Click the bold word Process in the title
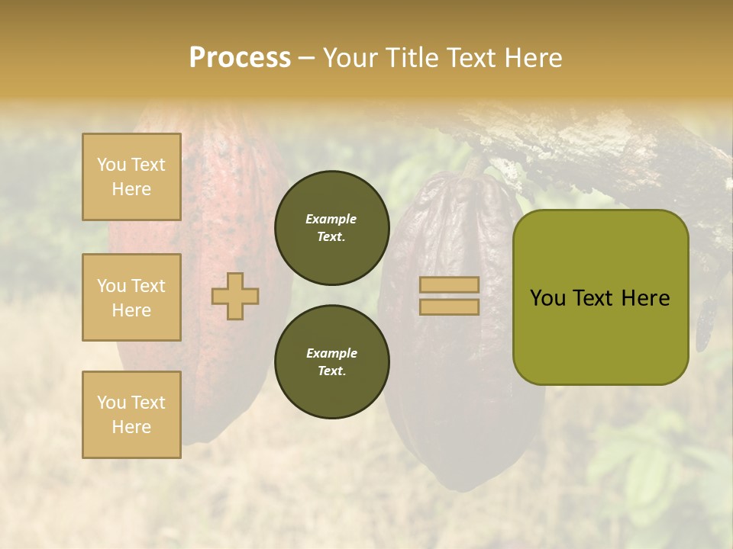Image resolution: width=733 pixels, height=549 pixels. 240,57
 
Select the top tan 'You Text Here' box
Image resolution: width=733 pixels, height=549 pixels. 131,177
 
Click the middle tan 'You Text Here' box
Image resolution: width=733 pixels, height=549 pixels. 131,297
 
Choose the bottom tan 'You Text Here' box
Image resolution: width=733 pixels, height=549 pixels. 131,414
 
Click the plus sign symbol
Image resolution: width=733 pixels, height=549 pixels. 235,296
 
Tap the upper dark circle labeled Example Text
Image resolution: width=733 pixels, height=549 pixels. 331,227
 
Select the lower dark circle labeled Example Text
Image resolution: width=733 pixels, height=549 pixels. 331,361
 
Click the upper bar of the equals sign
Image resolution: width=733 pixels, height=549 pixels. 449,284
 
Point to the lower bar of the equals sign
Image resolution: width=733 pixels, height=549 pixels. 449,307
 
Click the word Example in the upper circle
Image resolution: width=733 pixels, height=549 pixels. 331,219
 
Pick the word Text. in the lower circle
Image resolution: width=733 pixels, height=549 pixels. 331,371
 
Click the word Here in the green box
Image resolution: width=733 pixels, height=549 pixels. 645,298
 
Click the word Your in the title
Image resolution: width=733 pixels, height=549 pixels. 346,57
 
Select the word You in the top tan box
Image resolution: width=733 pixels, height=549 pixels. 111,165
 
